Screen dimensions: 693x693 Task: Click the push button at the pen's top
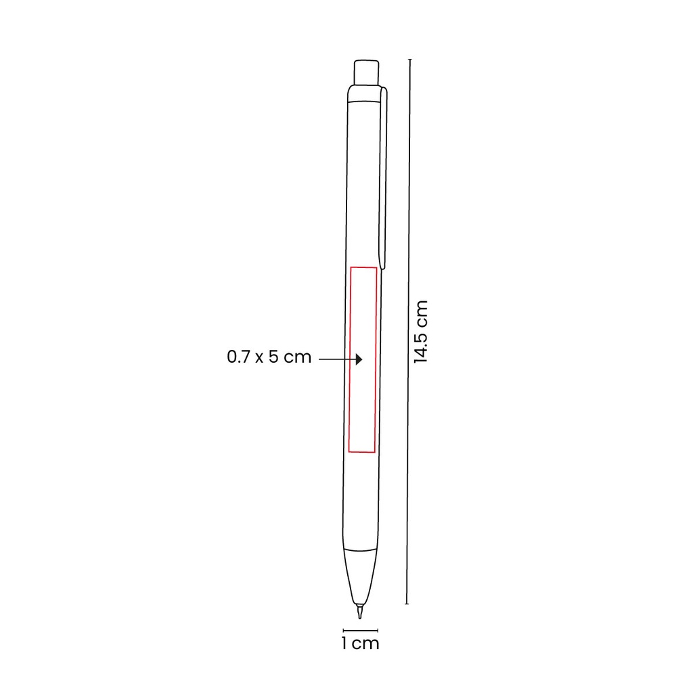366,72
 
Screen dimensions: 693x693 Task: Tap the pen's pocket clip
384,176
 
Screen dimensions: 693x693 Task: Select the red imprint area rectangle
363,359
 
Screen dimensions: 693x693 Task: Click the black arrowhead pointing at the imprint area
359,359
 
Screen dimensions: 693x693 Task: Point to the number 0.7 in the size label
238,357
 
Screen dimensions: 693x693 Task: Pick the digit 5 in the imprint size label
273,357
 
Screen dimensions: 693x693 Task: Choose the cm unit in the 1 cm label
366,644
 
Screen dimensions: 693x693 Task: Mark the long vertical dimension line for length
408,332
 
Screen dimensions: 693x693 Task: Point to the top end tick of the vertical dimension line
408,60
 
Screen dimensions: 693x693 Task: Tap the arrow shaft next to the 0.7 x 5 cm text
335,359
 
